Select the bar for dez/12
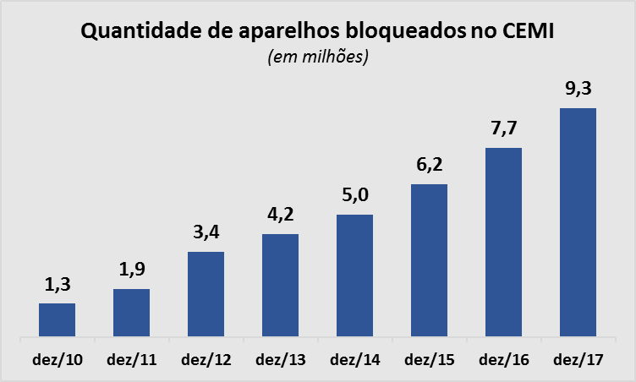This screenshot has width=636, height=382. (x=206, y=295)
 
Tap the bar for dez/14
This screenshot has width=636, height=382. (x=354, y=276)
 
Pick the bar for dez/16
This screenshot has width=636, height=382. (x=503, y=243)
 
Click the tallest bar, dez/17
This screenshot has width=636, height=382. (x=578, y=223)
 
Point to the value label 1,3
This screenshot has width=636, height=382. (x=57, y=286)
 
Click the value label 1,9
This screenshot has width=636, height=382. (x=131, y=272)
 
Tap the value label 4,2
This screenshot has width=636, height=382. (x=280, y=216)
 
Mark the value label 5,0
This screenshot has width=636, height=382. (x=354, y=198)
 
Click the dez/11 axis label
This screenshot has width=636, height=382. (x=131, y=360)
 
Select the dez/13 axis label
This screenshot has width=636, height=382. (x=280, y=360)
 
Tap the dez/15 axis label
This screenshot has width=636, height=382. (x=429, y=360)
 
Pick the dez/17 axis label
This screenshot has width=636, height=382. (x=578, y=360)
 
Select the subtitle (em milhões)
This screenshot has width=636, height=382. (x=318, y=57)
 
